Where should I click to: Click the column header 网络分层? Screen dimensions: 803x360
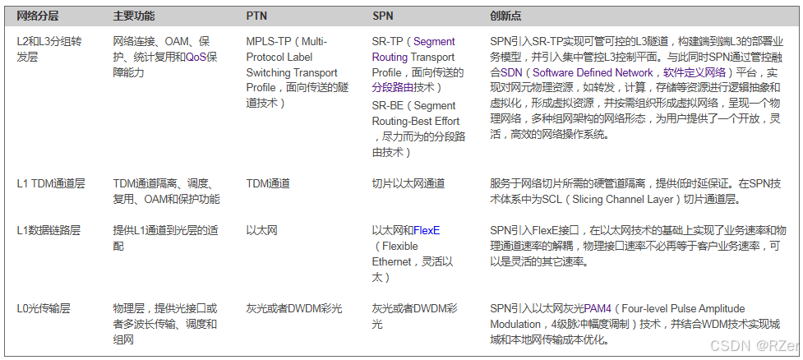tap(38, 16)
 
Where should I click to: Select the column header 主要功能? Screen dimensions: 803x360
tap(134, 16)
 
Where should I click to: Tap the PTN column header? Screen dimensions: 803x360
tap(256, 16)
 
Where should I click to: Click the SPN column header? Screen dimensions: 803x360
tap(382, 16)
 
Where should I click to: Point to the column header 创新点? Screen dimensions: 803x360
tap(505, 16)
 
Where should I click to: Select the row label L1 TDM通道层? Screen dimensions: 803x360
tap(51, 183)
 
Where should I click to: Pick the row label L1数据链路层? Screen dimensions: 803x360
tap(48, 230)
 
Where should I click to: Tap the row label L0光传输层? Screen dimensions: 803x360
tap(44, 308)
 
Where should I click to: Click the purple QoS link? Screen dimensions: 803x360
tap(196, 57)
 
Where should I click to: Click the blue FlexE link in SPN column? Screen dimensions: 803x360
tap(427, 230)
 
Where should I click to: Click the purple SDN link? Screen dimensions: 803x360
tap(511, 72)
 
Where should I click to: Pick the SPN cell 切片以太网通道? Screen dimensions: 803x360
tap(408, 183)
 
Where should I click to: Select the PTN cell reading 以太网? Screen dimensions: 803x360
tap(261, 230)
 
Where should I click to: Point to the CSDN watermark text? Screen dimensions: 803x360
tap(754, 346)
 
